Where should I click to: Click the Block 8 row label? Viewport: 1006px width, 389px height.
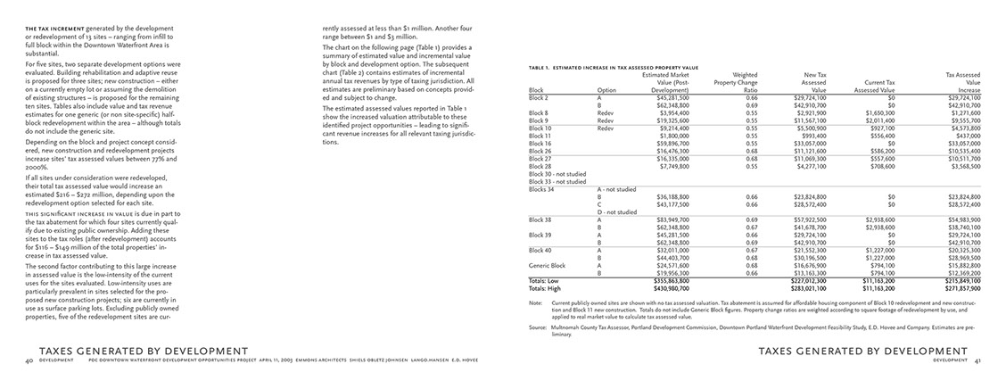pos(538,113)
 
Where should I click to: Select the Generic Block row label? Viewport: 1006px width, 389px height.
pos(547,265)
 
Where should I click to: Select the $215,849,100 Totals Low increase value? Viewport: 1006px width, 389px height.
pos(961,280)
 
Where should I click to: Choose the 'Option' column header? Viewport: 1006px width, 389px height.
pos(606,90)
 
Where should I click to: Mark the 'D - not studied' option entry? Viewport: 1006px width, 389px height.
pos(616,212)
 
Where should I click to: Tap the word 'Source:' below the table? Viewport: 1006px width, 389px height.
pos(538,327)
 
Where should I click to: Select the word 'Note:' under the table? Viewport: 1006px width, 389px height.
pos(535,302)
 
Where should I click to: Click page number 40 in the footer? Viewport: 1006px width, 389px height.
pos(29,360)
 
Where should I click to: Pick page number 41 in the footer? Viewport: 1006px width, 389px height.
pos(976,360)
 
